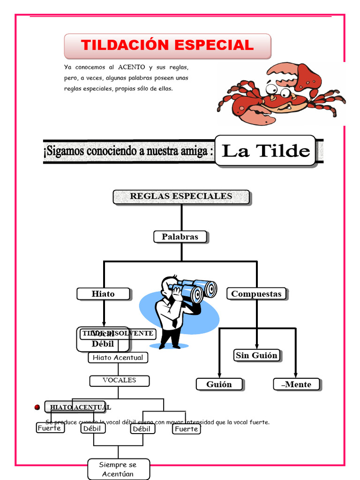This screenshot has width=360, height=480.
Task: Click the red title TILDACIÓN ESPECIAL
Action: tap(167, 45)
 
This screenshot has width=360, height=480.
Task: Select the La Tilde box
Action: tap(265, 151)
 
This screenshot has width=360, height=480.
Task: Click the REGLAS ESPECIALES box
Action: tap(181, 196)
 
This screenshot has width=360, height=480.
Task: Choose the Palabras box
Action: tap(180, 237)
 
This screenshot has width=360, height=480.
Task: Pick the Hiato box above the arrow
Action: tap(103, 294)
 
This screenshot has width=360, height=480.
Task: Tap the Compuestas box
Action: tap(256, 294)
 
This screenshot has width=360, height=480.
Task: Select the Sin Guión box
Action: tap(256, 355)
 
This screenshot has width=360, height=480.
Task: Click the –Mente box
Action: tap(296, 384)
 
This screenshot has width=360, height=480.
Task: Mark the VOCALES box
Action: tap(120, 380)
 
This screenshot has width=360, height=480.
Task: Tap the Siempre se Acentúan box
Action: tap(118, 469)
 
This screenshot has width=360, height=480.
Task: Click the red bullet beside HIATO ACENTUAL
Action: tap(37, 407)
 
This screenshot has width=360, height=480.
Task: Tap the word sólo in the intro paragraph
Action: tap(145, 89)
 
